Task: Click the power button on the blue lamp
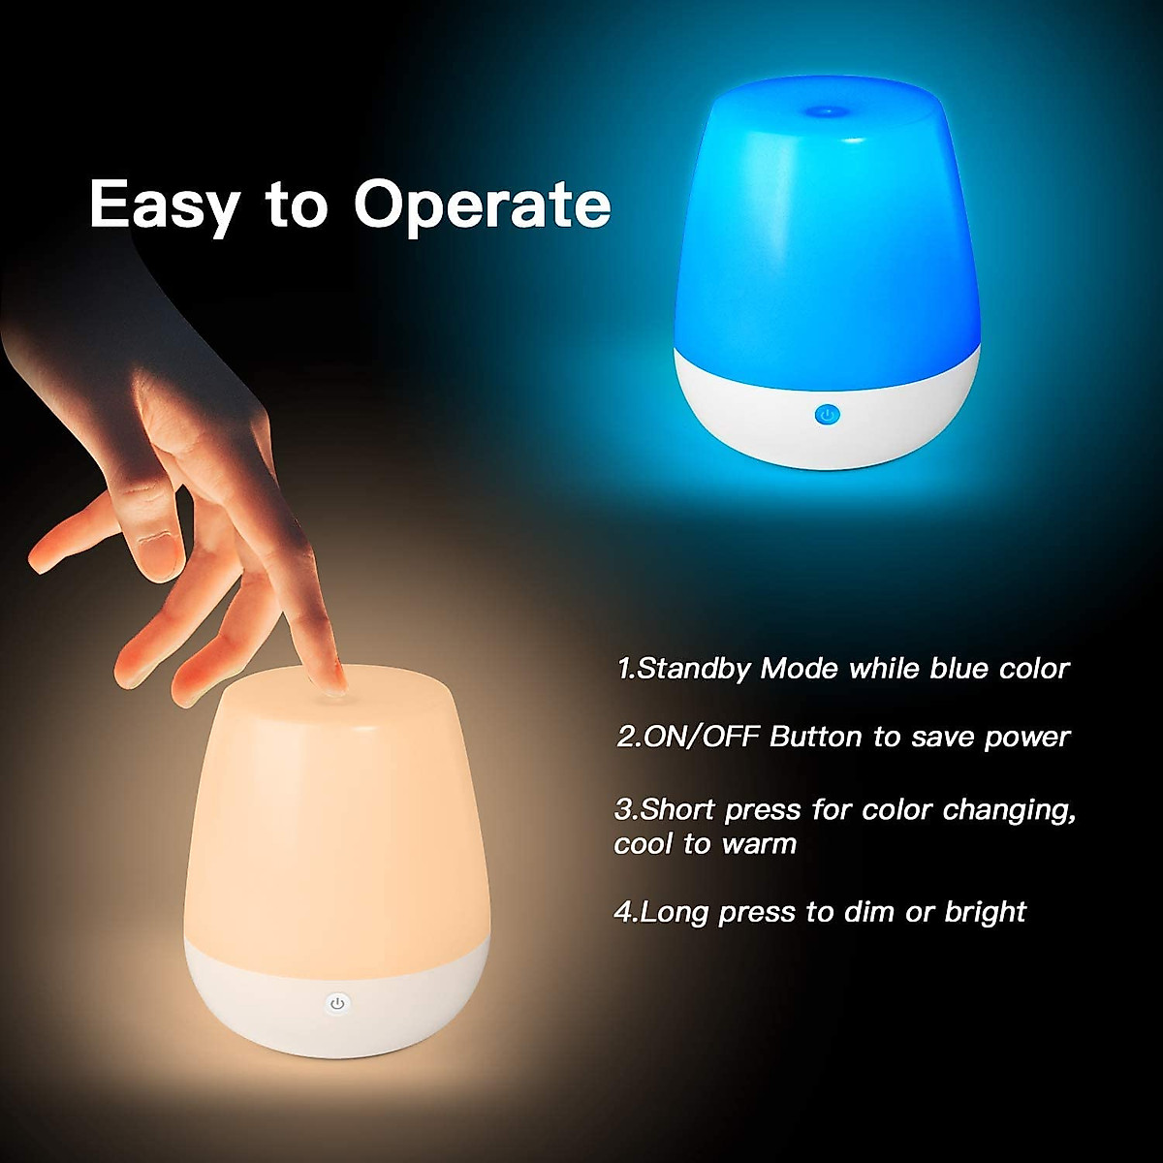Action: [x=826, y=415]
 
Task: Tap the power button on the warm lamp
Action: [x=337, y=1003]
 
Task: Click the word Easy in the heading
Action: [x=164, y=205]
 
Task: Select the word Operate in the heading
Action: [x=482, y=205]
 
